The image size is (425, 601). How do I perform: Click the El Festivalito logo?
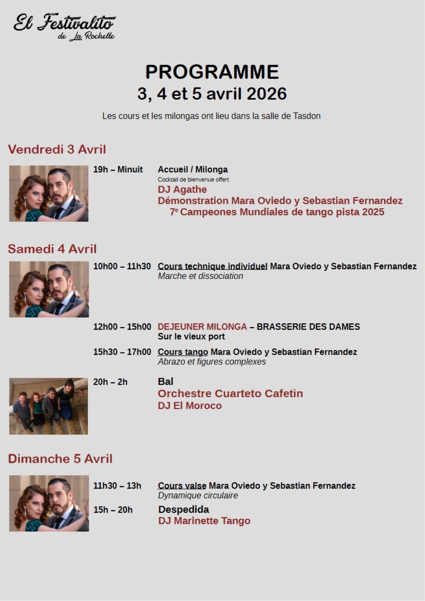coord(64,27)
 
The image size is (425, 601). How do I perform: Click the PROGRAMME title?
coord(212,72)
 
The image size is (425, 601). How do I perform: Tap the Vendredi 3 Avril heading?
coord(57,149)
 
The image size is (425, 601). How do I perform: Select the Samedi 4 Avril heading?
coord(52,249)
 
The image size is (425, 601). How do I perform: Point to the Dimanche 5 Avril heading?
coord(60,459)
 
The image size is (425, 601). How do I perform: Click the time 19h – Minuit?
coord(118,169)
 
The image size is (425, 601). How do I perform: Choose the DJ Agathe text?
coord(182,190)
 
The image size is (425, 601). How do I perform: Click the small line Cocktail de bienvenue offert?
coord(193,180)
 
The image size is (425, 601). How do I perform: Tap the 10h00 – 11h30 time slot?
coord(122,266)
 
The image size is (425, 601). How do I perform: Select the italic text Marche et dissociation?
coord(200,276)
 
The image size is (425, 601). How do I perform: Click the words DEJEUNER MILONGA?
coord(202,327)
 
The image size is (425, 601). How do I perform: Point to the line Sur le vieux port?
coord(191,337)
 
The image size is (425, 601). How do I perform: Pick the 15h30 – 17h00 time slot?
coord(122,352)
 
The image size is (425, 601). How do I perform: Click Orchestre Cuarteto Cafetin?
coord(230,393)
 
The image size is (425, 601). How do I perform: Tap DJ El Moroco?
coord(190,406)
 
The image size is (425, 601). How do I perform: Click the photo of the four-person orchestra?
coord(49,406)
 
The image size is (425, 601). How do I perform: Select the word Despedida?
coord(183,509)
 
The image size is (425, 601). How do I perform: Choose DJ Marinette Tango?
coord(204,521)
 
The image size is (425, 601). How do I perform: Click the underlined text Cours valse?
coord(182,486)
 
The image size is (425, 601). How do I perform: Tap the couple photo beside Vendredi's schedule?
coord(49,193)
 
